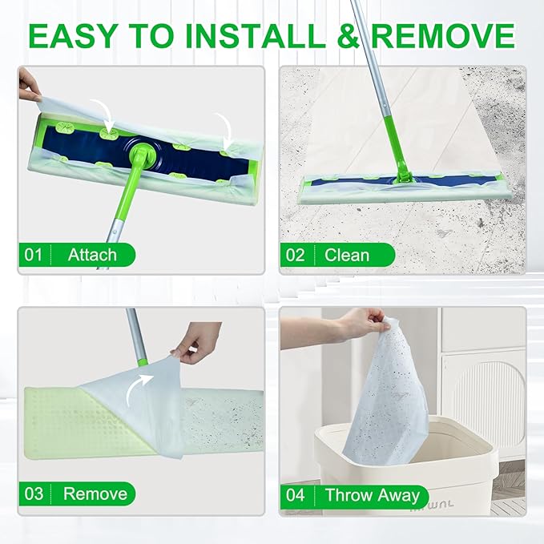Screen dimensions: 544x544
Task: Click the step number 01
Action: [x=33, y=255]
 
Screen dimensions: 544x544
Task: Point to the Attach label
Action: [x=92, y=255]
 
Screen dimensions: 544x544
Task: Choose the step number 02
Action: [x=296, y=255]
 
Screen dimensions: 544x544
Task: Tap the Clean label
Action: [x=347, y=255]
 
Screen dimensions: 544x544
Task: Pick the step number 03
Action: [x=33, y=493]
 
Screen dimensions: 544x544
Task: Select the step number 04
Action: [x=296, y=494]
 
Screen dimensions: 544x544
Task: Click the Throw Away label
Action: [x=372, y=494]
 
